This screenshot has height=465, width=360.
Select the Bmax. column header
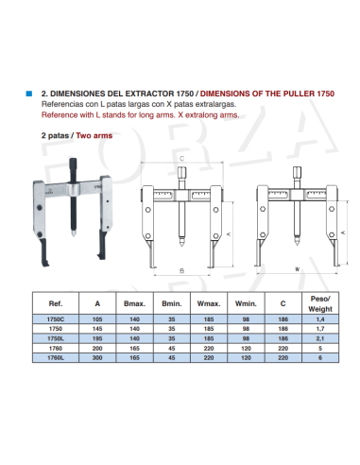click(131, 304)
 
